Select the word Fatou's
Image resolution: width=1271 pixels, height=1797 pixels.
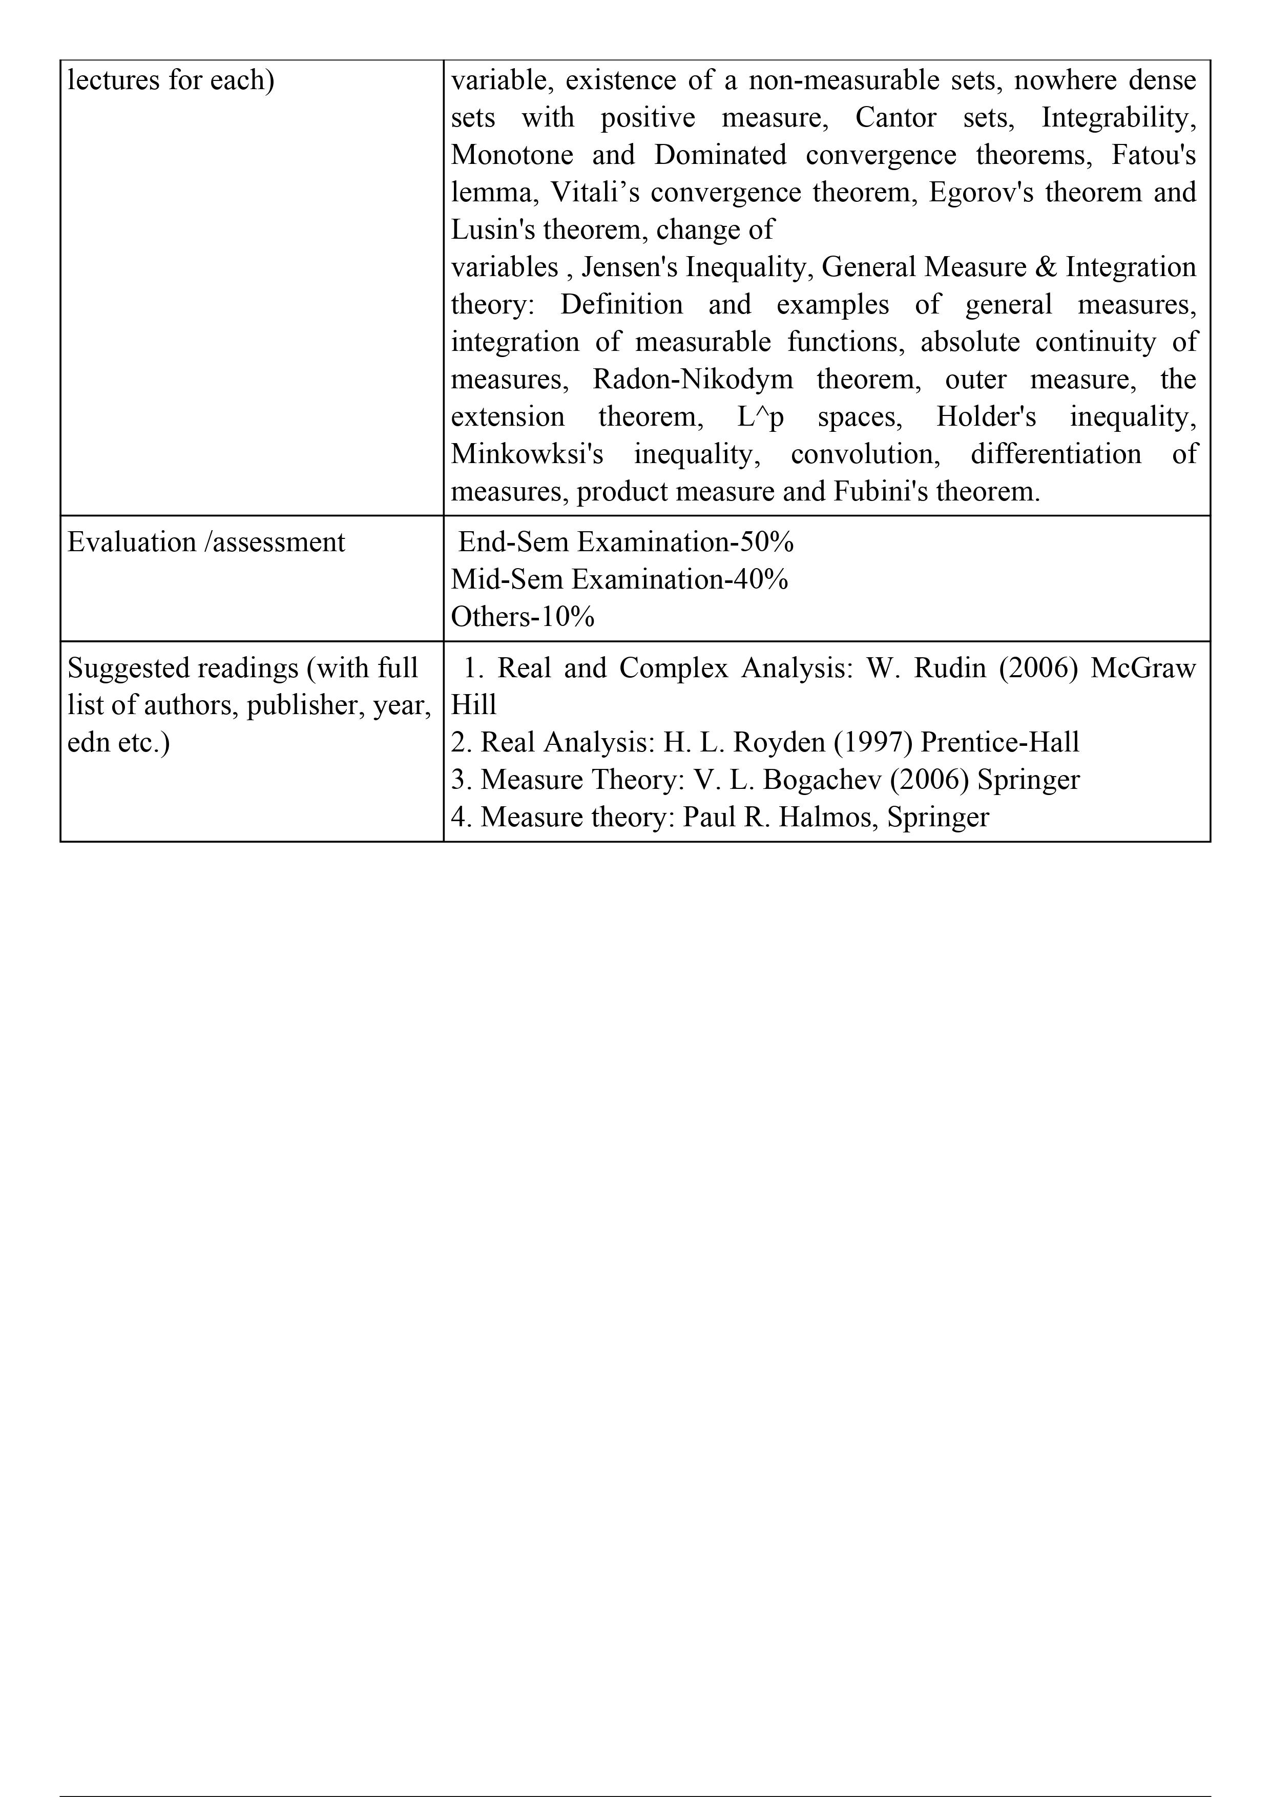click(x=1154, y=155)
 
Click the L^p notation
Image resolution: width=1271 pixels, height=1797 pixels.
click(x=760, y=417)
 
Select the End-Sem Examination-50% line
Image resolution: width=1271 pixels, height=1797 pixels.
click(x=626, y=542)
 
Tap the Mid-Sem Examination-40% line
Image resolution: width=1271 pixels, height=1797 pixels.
click(x=619, y=580)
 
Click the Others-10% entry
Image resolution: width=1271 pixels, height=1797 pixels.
click(x=522, y=617)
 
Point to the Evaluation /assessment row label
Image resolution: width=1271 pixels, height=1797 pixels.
click(x=206, y=542)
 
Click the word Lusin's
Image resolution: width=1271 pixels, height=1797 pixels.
click(x=493, y=230)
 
